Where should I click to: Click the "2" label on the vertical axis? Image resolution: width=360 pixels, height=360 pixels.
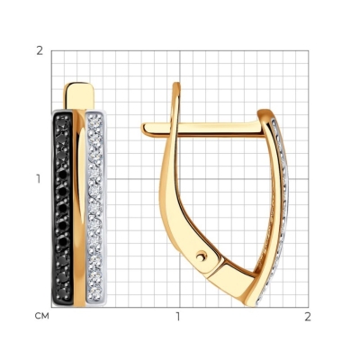[40, 51]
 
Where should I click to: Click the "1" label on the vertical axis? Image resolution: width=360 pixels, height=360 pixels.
[39, 179]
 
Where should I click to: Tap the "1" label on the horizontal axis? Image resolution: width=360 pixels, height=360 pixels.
[178, 317]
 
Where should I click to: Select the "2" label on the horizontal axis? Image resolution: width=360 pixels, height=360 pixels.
[308, 317]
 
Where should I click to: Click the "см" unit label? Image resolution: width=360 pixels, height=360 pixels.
[41, 316]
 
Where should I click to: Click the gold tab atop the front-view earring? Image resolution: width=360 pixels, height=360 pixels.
[78, 95]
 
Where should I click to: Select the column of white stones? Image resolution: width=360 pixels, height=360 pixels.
[96, 208]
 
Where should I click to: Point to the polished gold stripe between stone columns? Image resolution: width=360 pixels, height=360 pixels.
[79, 208]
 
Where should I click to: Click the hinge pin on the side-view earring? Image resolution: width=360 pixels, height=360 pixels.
[202, 256]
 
